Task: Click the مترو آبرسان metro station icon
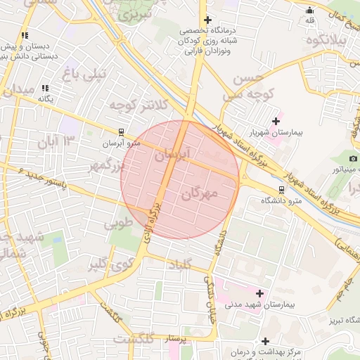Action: [x=122, y=131]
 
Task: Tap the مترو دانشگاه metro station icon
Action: [x=282, y=189]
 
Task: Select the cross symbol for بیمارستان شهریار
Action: [x=276, y=121]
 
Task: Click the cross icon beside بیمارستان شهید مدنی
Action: [x=260, y=292]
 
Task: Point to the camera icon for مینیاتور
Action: [x=353, y=158]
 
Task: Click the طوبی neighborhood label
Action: [x=117, y=225]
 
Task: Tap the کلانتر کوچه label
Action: [x=138, y=105]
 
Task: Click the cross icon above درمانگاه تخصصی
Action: [x=207, y=20]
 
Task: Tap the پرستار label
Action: [x=176, y=340]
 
